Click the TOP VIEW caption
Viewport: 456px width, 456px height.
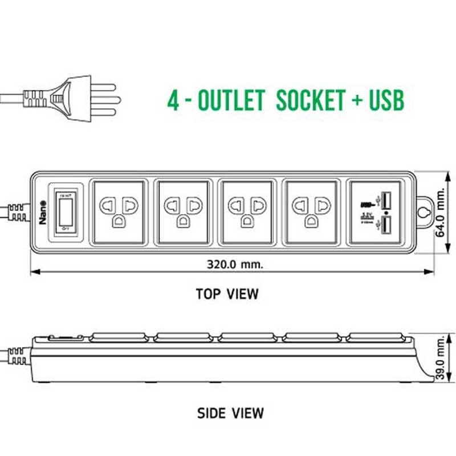(x=227, y=294)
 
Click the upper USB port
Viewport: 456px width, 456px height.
(x=386, y=201)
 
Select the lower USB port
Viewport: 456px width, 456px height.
(x=386, y=225)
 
